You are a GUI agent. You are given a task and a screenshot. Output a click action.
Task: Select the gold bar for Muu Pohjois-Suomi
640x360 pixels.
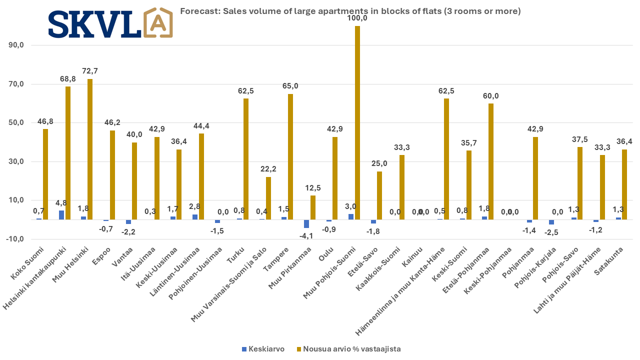357,122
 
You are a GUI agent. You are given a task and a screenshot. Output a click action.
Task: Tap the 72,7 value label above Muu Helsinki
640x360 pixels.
90,70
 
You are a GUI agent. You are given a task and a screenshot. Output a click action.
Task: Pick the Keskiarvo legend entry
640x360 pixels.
263,349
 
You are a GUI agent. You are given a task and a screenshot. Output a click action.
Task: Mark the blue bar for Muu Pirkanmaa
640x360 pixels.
306,223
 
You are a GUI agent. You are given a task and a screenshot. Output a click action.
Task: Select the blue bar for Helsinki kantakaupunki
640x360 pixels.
61,215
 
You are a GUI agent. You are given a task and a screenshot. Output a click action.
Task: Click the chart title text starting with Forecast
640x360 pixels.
350,11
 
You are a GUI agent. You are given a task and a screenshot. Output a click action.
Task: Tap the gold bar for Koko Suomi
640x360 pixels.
45,174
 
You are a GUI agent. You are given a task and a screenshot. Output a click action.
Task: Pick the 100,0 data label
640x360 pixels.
357,18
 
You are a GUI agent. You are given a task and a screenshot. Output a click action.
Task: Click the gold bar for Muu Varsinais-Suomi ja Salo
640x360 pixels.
268,198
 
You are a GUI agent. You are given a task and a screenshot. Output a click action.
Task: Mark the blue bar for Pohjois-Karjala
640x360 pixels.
551,222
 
